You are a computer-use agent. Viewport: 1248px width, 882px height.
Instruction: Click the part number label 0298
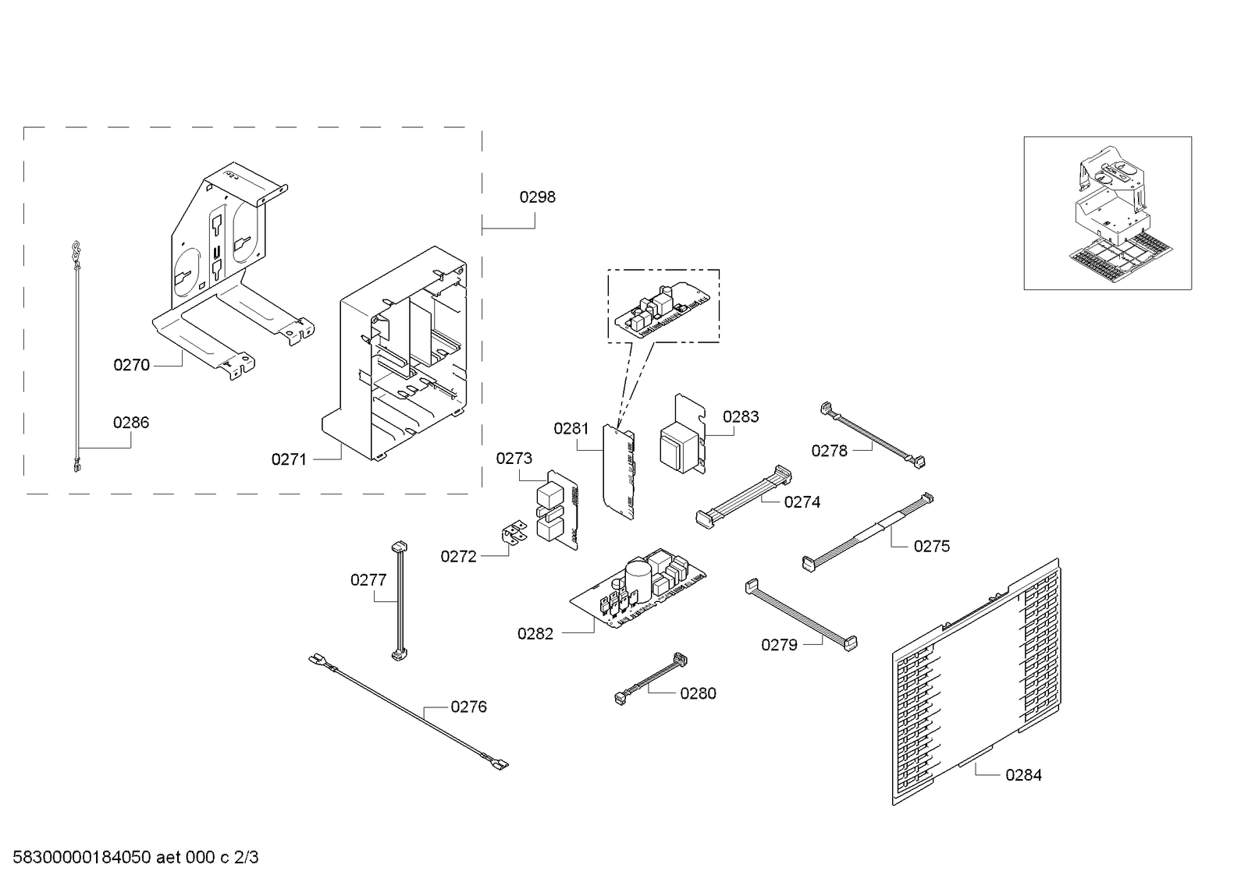tap(537, 197)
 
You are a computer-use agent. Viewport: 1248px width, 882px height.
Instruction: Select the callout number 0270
tap(131, 365)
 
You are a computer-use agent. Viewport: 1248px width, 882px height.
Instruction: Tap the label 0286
tap(130, 423)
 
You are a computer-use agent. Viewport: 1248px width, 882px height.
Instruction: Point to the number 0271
tap(289, 460)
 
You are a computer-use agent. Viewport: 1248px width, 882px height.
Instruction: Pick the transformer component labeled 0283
tap(681, 441)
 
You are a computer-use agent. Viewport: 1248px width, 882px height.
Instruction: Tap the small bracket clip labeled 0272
tap(513, 534)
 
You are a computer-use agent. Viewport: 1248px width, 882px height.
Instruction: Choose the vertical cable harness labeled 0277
tap(400, 600)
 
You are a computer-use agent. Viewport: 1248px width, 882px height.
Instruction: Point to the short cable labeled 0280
tap(652, 678)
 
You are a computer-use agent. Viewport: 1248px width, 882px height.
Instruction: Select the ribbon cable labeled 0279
tap(800, 614)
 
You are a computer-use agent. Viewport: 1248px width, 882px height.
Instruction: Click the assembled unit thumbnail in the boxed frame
tap(1107, 213)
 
